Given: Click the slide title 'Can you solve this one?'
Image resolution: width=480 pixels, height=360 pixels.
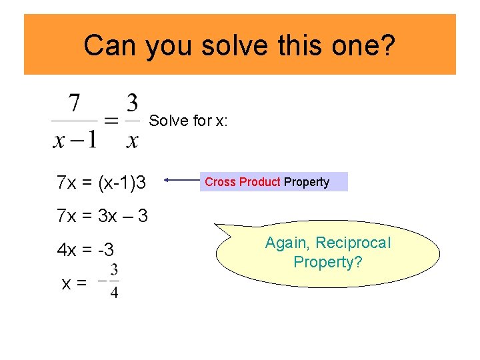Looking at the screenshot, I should pyautogui.click(x=239, y=45).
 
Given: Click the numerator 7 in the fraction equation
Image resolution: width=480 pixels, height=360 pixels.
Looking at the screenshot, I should pyautogui.click(x=75, y=105).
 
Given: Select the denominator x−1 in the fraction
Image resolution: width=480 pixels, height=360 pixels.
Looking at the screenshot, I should pyautogui.click(x=74, y=141).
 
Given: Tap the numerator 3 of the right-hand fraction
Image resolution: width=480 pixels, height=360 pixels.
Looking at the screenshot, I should pyautogui.click(x=133, y=103).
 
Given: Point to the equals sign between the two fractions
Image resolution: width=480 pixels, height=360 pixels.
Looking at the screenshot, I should pyautogui.click(x=111, y=122).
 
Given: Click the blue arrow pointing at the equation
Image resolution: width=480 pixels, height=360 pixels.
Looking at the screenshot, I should pyautogui.click(x=181, y=179).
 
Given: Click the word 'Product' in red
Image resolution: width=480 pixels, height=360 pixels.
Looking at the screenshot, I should pyautogui.click(x=259, y=182).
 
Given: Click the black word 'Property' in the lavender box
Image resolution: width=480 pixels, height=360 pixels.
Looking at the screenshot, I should pyautogui.click(x=307, y=182).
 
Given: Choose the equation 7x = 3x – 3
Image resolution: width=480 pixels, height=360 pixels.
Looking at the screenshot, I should pyautogui.click(x=102, y=216).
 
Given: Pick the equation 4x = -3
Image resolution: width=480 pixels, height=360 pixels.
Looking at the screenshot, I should pyautogui.click(x=85, y=251).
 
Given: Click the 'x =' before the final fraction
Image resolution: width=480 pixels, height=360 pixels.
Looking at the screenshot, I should pyautogui.click(x=73, y=283).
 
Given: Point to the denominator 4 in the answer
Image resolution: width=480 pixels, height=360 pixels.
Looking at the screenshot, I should pyautogui.click(x=114, y=293).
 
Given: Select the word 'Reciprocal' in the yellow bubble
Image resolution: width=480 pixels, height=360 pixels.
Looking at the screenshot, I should pyautogui.click(x=353, y=243).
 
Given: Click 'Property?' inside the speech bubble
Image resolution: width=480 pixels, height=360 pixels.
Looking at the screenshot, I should pyautogui.click(x=327, y=262).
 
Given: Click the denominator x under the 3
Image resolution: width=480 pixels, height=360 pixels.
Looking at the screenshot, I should pyautogui.click(x=133, y=141).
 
